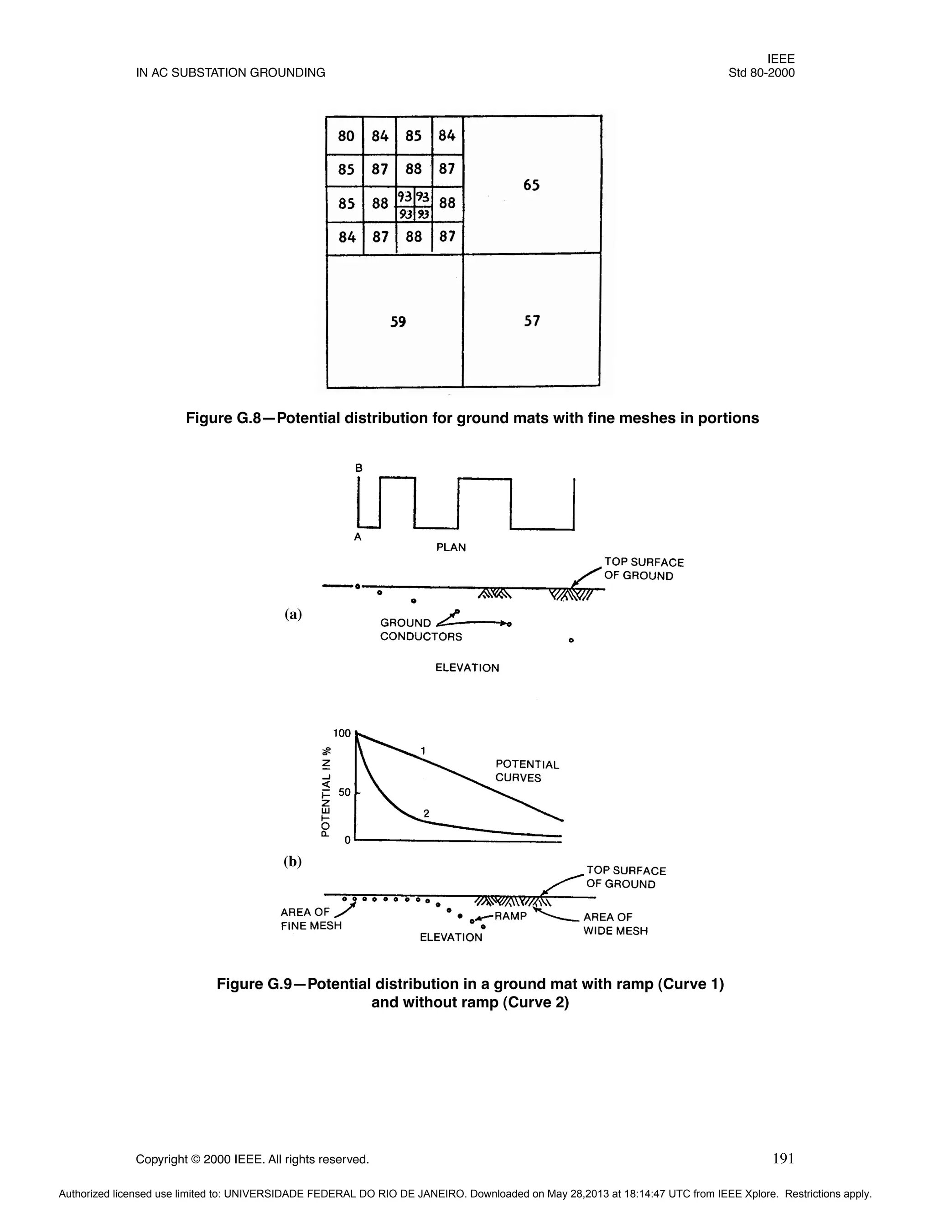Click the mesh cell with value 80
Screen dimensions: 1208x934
tap(346, 136)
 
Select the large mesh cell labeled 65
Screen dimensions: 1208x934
tap(531, 185)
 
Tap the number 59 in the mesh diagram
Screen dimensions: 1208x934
tap(398, 322)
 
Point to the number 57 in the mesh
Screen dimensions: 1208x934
tap(532, 321)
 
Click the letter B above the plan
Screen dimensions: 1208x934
tap(358, 468)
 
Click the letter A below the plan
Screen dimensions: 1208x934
tap(358, 537)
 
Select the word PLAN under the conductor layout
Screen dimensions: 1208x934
tap(451, 547)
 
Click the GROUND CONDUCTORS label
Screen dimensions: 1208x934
tap(420, 630)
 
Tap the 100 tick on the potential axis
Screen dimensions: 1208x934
tap(342, 733)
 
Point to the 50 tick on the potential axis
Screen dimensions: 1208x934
tap(345, 793)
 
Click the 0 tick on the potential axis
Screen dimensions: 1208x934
tap(348, 840)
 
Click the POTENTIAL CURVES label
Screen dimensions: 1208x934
tap(527, 771)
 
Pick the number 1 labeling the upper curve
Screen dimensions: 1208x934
tap(423, 751)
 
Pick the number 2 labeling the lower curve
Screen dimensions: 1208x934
tap(426, 814)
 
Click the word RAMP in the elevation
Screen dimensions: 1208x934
tap(510, 916)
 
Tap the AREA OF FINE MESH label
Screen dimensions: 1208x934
tap(311, 919)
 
